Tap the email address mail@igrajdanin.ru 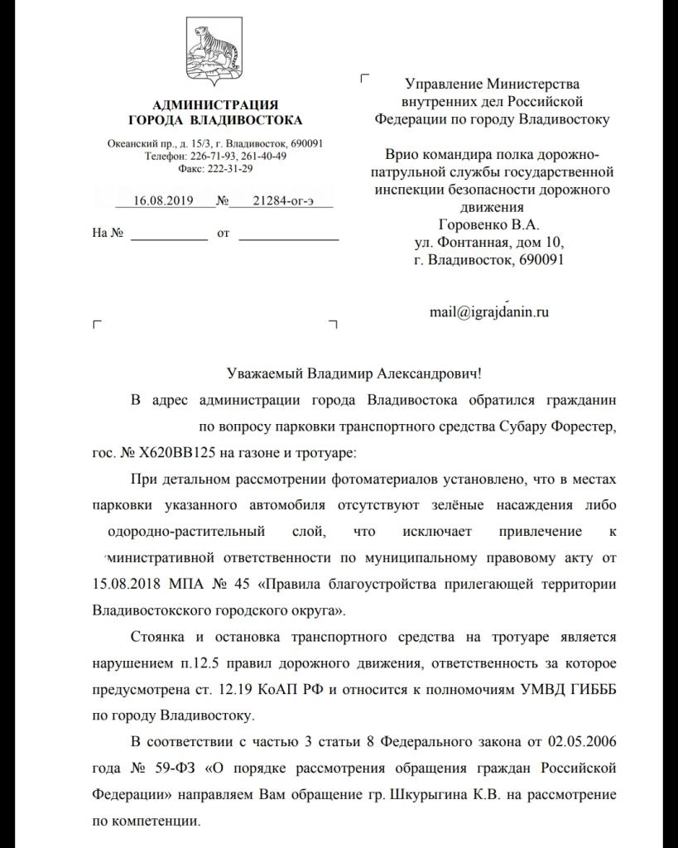click(x=488, y=312)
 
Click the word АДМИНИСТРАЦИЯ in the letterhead click(x=216, y=104)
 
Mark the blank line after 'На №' click(x=170, y=234)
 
